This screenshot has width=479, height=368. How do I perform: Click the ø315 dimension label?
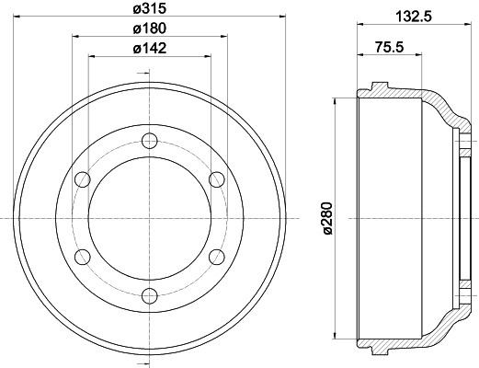click(x=150, y=9)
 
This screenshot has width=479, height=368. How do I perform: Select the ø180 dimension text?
click(x=150, y=29)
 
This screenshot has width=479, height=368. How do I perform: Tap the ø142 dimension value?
click(x=150, y=49)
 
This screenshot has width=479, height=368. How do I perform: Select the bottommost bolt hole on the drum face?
click(x=149, y=294)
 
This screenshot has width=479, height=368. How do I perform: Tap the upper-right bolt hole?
click(x=216, y=178)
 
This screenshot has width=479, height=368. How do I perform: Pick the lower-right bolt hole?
click(x=216, y=256)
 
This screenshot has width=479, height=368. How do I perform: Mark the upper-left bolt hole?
click(x=83, y=178)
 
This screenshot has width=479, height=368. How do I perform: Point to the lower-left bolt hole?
click(x=83, y=256)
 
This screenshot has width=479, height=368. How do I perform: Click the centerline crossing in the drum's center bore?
click(x=149, y=217)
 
